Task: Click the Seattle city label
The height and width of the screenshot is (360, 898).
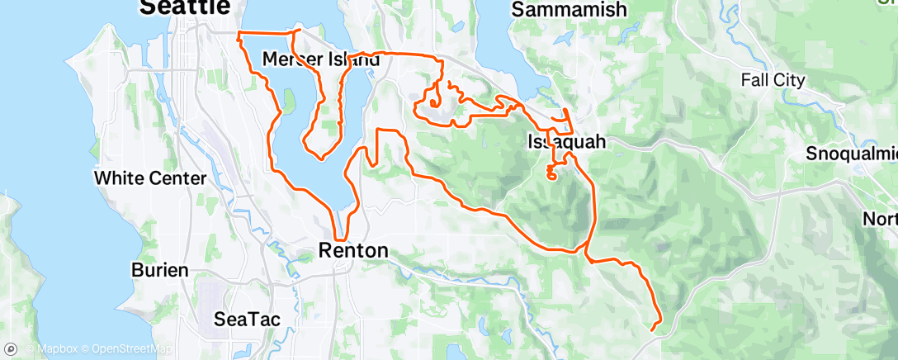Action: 185,7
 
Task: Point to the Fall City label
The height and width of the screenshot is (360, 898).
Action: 772,80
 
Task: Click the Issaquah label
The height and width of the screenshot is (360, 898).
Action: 566,142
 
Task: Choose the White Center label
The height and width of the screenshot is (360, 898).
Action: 149,178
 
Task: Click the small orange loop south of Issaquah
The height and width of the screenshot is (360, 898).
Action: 552,173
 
